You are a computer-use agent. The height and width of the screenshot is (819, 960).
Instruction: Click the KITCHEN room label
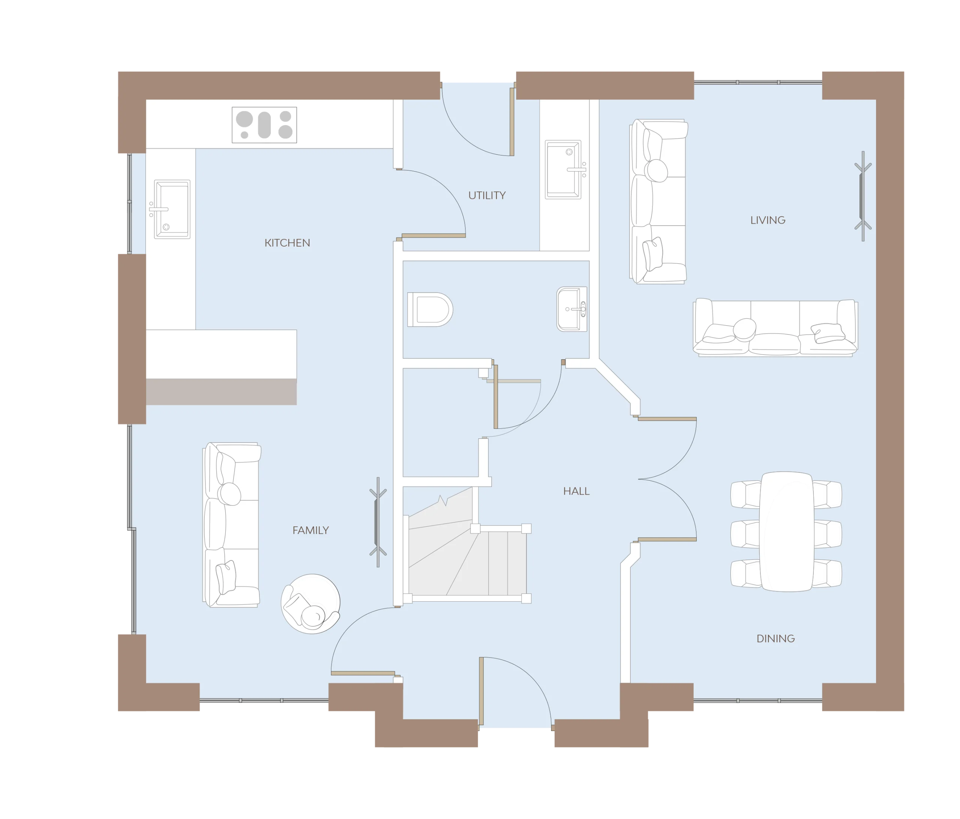tap(287, 243)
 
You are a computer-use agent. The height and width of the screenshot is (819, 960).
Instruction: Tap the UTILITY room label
tap(487, 195)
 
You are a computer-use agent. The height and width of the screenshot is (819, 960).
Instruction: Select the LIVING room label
tap(768, 220)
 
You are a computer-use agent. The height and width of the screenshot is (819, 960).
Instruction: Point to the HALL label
tap(576, 491)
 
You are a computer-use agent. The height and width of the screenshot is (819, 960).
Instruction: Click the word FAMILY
tap(310, 531)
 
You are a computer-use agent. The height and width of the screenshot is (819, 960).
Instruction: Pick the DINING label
tap(775, 639)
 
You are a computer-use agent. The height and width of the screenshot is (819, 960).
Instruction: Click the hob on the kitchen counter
tap(264, 125)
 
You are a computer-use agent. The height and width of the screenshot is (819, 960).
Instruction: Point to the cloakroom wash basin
tap(572, 309)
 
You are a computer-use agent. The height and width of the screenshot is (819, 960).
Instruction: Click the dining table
tap(786, 532)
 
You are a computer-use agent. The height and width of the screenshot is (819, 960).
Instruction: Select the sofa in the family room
tap(232, 525)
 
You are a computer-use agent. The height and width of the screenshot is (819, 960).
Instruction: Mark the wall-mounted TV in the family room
tap(378, 522)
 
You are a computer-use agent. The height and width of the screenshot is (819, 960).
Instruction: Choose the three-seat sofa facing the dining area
tap(775, 327)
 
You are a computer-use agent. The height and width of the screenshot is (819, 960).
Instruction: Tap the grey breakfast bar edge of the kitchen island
tap(222, 392)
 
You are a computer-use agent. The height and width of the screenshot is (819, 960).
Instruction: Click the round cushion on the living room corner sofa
tap(657, 170)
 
